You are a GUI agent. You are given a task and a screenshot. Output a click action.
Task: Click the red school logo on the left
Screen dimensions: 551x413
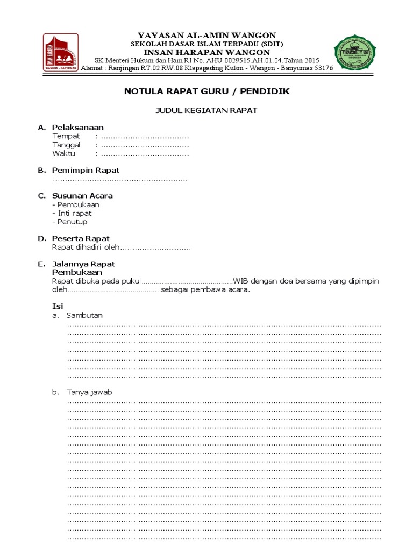pos(61,53)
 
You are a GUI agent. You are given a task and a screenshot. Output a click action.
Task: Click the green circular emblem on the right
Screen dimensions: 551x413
pos(355,53)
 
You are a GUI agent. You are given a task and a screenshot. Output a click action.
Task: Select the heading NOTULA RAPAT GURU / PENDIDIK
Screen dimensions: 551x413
pos(207,91)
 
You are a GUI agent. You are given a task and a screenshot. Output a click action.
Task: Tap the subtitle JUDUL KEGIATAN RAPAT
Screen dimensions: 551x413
pos(206,111)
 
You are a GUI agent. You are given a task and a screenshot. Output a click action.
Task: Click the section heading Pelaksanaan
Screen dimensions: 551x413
pos(77,128)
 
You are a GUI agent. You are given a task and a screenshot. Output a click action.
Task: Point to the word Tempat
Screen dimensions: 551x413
pos(66,136)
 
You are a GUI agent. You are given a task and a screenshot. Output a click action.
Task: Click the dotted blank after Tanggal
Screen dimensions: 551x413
pos(145,145)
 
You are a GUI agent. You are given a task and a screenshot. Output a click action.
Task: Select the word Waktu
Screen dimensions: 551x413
pos(64,154)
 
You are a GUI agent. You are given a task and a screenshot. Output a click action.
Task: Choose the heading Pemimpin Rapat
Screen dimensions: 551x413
pos(86,171)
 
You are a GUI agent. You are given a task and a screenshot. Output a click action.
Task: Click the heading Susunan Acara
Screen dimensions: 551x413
pos(82,196)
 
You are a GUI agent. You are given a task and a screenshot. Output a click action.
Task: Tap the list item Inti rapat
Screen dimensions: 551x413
pos(74,213)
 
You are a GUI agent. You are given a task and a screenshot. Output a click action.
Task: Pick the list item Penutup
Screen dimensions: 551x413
pos(72,222)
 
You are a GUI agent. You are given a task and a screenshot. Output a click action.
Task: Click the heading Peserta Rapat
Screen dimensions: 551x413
pos(81,238)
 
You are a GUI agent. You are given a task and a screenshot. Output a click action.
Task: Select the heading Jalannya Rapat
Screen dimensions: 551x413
pos(83,264)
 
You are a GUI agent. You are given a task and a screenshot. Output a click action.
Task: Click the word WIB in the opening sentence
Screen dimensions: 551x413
pos(241,281)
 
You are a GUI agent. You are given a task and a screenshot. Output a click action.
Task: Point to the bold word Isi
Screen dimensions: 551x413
pos(57,306)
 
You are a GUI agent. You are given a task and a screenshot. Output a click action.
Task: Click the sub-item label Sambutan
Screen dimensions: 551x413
pos(84,315)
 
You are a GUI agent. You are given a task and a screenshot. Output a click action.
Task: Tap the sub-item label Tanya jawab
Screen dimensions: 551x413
pos(89,392)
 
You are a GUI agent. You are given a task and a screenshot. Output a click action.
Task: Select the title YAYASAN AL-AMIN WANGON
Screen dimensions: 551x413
pos(207,36)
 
